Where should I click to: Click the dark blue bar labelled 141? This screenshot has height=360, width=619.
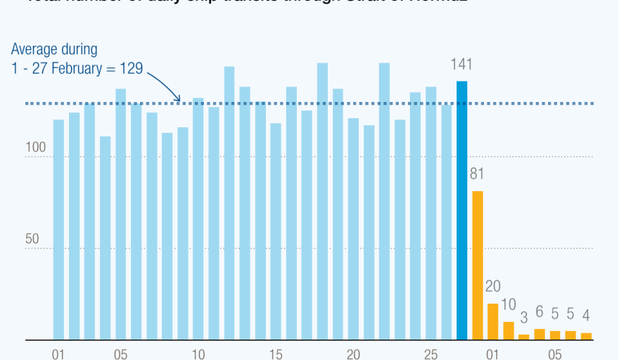pos(461,211)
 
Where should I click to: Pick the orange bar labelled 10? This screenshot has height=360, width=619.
pos(509,331)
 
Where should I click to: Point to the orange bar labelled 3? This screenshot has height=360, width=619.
pos(523,337)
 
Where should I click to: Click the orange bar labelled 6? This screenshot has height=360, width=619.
pos(540,335)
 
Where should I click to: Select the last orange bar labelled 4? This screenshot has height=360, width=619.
pos(586,336)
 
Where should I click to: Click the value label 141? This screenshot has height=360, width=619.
pos(461,65)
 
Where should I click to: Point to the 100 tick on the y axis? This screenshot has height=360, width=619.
pos(36,148)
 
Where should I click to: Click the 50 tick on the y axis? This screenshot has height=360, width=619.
pos(32,239)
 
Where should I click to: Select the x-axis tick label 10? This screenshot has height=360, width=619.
pos(198,353)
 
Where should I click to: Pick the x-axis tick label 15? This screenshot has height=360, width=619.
pos(276,353)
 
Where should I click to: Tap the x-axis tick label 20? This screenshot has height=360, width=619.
pos(353,353)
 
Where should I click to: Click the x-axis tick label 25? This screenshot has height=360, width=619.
pos(430,353)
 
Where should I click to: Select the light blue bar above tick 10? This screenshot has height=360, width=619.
pos(198,219)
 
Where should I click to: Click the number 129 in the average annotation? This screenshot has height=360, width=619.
pos(130,68)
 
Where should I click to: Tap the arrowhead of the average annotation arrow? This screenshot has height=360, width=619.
pos(179,100)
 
